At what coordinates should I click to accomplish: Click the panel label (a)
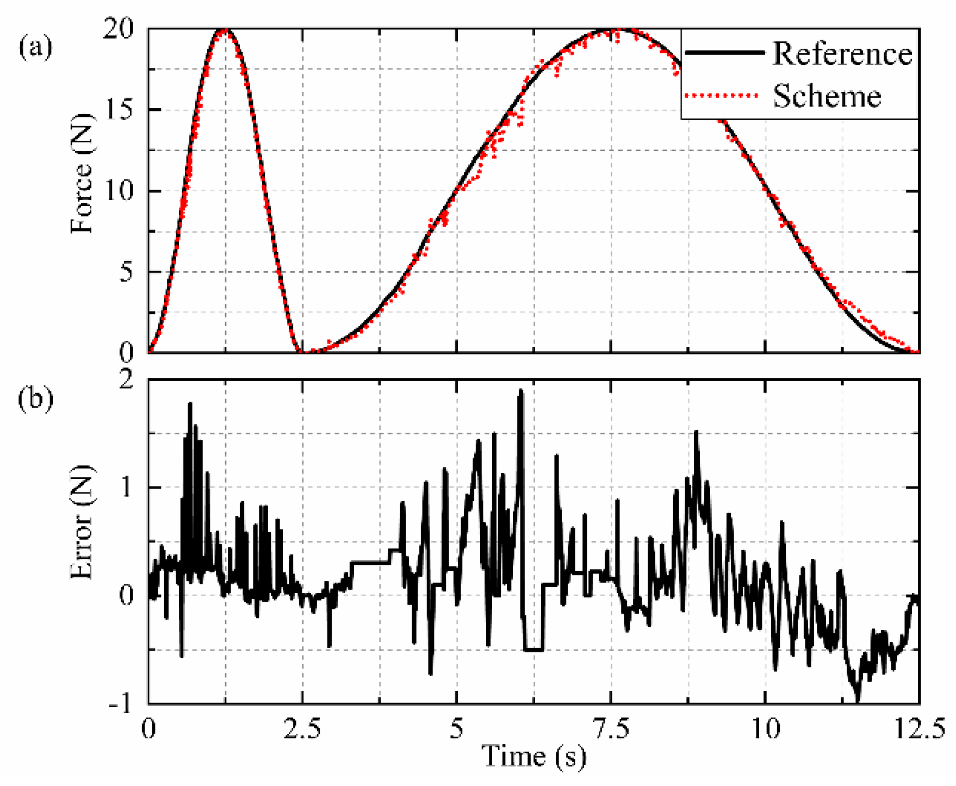coord(36,48)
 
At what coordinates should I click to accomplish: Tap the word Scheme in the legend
coord(827,97)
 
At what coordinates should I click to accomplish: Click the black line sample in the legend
coord(724,53)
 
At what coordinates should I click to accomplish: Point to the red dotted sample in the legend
coord(722,96)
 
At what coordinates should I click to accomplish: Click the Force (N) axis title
coord(82,174)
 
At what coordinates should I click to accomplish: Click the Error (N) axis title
coord(82,522)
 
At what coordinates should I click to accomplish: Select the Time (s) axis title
coord(534,757)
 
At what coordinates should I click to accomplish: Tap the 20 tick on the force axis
coord(118,29)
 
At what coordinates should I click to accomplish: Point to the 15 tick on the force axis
coord(118,110)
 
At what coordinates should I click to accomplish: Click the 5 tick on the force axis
coord(126,272)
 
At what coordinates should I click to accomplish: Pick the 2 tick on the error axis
coord(126,380)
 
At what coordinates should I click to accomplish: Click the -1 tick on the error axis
coord(121,704)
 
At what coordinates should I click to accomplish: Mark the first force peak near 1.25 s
coord(225,30)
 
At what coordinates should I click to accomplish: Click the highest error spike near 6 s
coord(520,390)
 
